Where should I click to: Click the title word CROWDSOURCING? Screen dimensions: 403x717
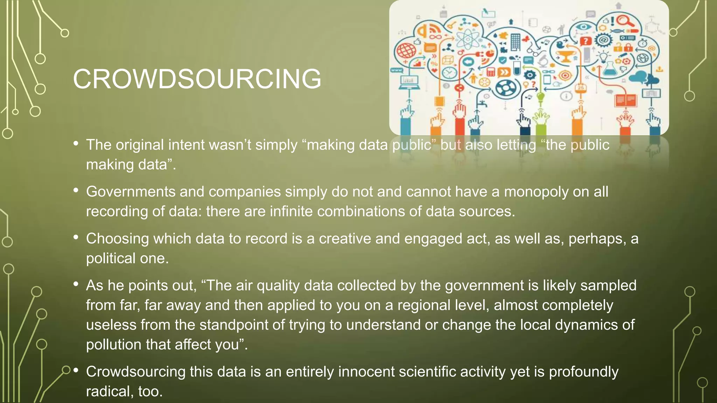pyautogui.click(x=197, y=79)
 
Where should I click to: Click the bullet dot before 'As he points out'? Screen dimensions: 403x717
pyautogui.click(x=76, y=284)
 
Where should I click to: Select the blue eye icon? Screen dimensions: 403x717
pyautogui.click(x=583, y=27)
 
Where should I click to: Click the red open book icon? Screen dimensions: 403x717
pyautogui.click(x=626, y=100)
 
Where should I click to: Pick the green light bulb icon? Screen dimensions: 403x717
pyautogui.click(x=541, y=96)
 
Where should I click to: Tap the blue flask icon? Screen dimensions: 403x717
pyautogui.click(x=610, y=69)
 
